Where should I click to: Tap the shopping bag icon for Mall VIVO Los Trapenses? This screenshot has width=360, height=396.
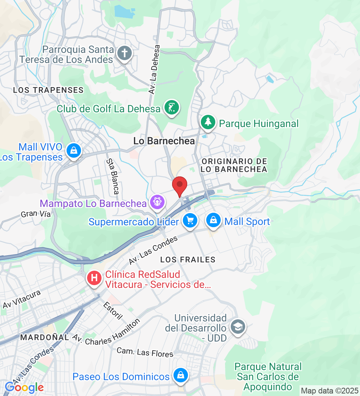click(74, 150)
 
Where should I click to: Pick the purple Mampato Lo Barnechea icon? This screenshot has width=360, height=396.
click(157, 202)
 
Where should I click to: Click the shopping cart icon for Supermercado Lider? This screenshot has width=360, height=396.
click(189, 220)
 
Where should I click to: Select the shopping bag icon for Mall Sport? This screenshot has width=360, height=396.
click(213, 220)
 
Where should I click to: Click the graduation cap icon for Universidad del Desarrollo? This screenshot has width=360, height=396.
click(238, 327)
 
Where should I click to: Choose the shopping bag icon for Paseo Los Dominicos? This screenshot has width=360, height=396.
click(180, 375)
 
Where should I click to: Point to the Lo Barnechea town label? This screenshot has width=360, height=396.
click(164, 141)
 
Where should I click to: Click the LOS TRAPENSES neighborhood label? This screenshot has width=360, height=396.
click(48, 90)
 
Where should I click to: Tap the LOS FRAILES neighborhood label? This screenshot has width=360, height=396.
click(188, 260)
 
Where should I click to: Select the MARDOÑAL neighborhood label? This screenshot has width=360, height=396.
click(45, 337)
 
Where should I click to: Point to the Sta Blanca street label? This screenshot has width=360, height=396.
click(112, 176)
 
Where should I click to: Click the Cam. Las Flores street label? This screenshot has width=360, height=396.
click(145, 352)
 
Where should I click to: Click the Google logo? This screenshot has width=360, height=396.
click(24, 387)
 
